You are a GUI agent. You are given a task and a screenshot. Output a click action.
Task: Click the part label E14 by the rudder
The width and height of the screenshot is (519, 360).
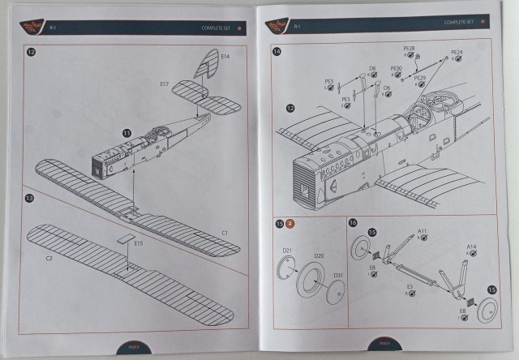[225, 56]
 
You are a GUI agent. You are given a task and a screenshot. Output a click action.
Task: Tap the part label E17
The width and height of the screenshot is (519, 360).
[164, 84]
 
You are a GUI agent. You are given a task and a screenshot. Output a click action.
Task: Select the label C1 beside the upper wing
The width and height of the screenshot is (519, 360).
[225, 233]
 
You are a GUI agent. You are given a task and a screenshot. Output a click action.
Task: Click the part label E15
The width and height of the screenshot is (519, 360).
[138, 242]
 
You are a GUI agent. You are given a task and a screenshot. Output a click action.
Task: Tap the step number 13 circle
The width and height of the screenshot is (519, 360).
[30, 199]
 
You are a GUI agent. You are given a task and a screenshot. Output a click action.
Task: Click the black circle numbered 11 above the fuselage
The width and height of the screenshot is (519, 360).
[127, 132]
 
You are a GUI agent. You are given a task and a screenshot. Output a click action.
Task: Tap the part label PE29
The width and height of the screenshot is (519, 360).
[419, 78]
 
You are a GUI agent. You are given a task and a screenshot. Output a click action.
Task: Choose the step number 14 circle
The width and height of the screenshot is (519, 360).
[278, 53]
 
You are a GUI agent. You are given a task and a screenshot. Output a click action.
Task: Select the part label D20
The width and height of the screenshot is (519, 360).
[319, 256]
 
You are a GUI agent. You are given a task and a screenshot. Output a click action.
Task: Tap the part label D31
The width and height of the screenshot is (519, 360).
[339, 276]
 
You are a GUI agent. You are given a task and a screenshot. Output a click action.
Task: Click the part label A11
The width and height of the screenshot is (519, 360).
[422, 231]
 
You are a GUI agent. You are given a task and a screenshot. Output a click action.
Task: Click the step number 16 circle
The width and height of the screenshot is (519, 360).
[353, 222]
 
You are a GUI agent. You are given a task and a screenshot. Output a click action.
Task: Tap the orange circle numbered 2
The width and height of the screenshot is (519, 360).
[290, 222]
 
